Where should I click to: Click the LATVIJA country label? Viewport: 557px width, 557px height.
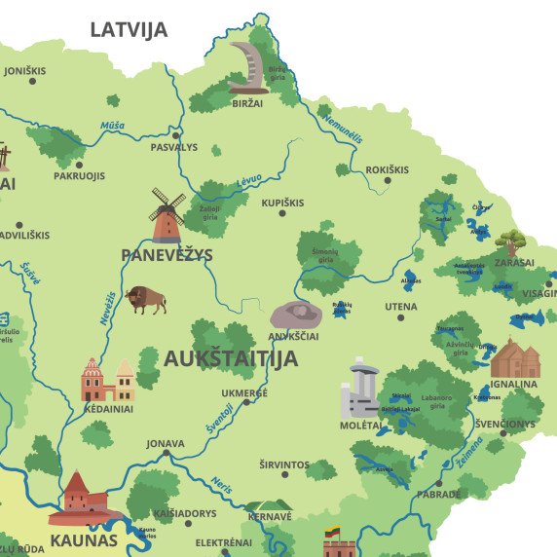click(x=129, y=29)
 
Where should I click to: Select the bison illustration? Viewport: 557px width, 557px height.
click(x=146, y=298)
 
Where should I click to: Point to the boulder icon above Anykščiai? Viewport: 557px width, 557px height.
click(x=296, y=315)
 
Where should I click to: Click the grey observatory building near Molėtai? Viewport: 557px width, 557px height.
click(x=359, y=388)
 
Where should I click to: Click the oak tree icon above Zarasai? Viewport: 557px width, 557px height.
click(x=510, y=241)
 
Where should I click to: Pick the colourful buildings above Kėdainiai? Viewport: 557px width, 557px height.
click(x=108, y=380)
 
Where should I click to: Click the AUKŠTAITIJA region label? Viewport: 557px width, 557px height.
click(x=231, y=357)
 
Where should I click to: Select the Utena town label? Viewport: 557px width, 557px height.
click(x=400, y=307)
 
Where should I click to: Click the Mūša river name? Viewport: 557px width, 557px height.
click(x=112, y=126)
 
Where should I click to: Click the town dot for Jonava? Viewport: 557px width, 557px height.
click(x=167, y=454)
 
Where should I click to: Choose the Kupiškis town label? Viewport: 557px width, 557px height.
click(x=282, y=203)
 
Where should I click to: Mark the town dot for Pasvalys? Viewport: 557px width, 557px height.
click(x=176, y=134)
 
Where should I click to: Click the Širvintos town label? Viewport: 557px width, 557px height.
click(x=284, y=465)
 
